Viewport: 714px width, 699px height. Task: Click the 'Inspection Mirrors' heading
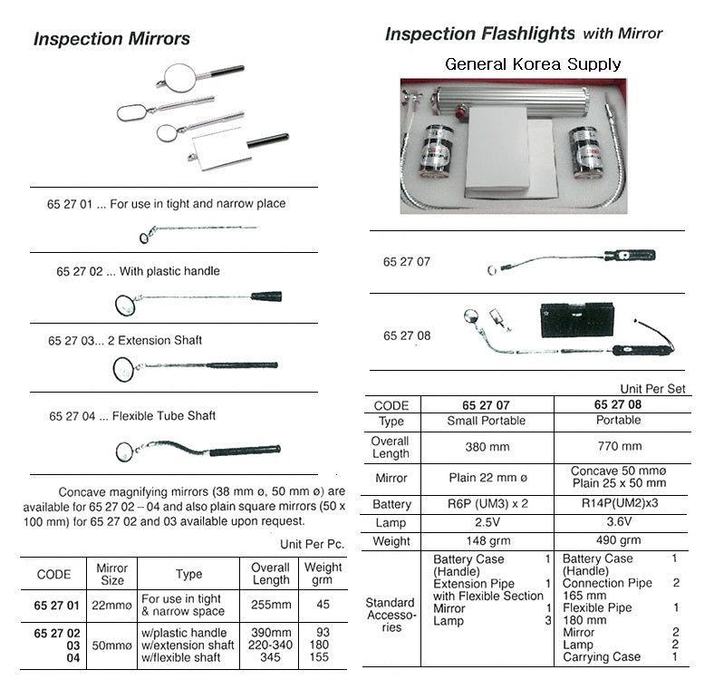pyautogui.click(x=111, y=39)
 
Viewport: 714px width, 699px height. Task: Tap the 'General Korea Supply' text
pyautogui.click(x=533, y=63)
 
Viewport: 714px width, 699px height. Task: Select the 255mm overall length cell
pyautogui.click(x=271, y=605)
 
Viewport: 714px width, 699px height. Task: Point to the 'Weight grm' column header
pyautogui.click(x=323, y=574)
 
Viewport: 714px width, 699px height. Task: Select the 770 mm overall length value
pyautogui.click(x=619, y=446)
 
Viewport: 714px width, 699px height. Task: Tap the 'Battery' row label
pyautogui.click(x=391, y=504)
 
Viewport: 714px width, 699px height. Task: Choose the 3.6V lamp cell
pyautogui.click(x=619, y=523)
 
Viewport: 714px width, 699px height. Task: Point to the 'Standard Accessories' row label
pyautogui.click(x=391, y=615)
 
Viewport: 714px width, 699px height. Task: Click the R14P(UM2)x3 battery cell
pyautogui.click(x=619, y=504)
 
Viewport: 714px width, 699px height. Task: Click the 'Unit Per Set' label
pyautogui.click(x=652, y=388)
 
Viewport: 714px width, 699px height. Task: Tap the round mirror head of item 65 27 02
pyautogui.click(x=125, y=304)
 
